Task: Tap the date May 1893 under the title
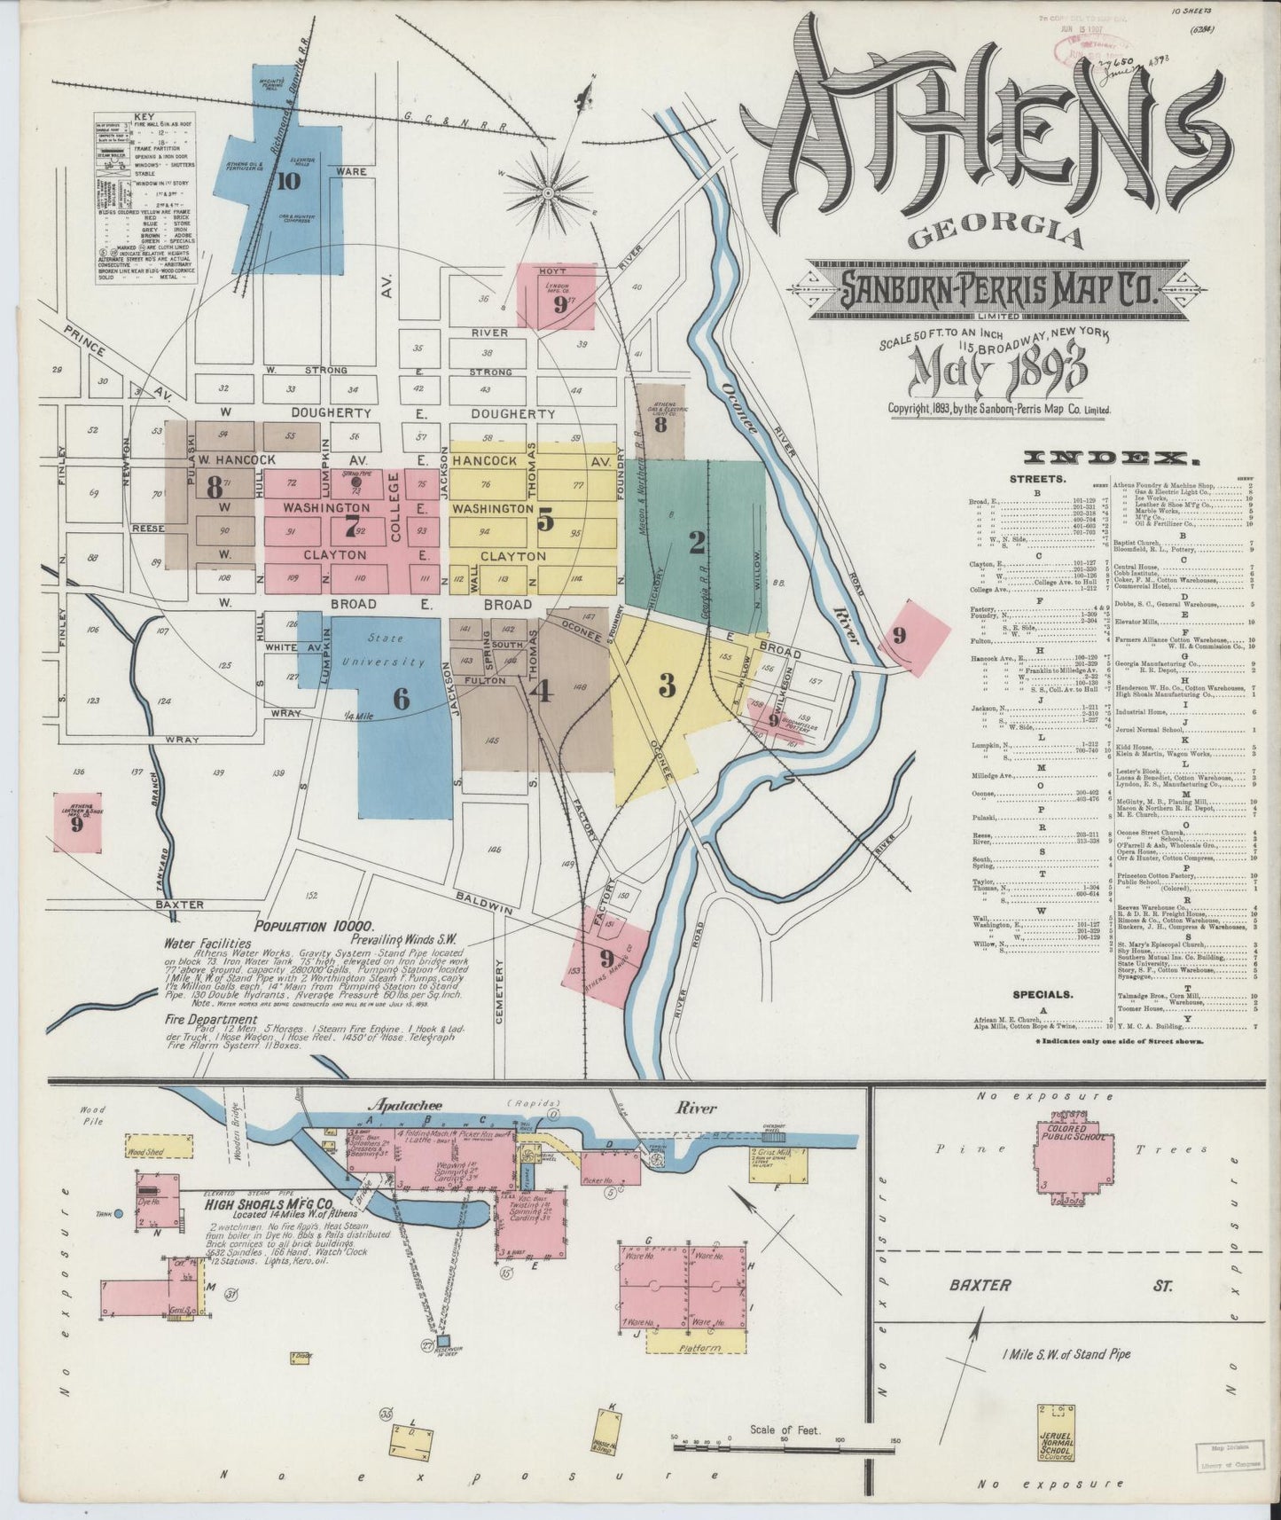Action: pos(998,372)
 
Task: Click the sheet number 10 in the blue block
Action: pos(287,181)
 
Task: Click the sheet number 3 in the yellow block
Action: pos(667,685)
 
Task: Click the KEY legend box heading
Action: pos(144,117)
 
